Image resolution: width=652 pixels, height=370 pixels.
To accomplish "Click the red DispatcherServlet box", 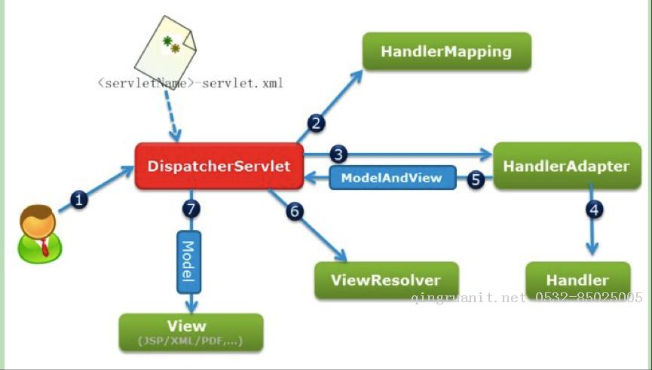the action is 219,166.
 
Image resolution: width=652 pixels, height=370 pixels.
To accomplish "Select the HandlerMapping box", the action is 447,51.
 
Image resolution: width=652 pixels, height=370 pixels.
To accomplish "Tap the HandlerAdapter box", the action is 567,166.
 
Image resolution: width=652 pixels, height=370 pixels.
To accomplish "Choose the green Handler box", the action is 578,280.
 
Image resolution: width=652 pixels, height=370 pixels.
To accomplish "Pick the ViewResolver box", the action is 386,280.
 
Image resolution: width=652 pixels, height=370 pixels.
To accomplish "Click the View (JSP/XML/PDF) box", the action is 191,332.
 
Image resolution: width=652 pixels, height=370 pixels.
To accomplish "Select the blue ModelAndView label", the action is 393,178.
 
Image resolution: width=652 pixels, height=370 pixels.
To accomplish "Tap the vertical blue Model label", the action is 188,262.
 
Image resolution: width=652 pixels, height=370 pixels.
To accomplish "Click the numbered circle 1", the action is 79,200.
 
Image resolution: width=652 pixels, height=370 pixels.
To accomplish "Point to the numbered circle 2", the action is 317,123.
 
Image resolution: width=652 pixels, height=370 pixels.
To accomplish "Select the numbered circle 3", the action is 338,154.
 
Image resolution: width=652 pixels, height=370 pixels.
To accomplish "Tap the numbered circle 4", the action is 595,209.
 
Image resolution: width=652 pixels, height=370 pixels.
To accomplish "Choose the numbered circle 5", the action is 476,179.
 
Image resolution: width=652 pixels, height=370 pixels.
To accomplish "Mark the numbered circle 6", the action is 295,211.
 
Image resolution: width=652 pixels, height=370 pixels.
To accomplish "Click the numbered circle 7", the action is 191,209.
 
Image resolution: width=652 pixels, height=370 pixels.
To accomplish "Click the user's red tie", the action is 44,247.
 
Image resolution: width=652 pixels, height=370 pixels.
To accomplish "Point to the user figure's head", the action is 38,222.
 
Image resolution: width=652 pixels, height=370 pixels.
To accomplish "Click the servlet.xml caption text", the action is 191,83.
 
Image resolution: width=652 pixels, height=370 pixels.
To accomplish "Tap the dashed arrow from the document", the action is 172,116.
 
